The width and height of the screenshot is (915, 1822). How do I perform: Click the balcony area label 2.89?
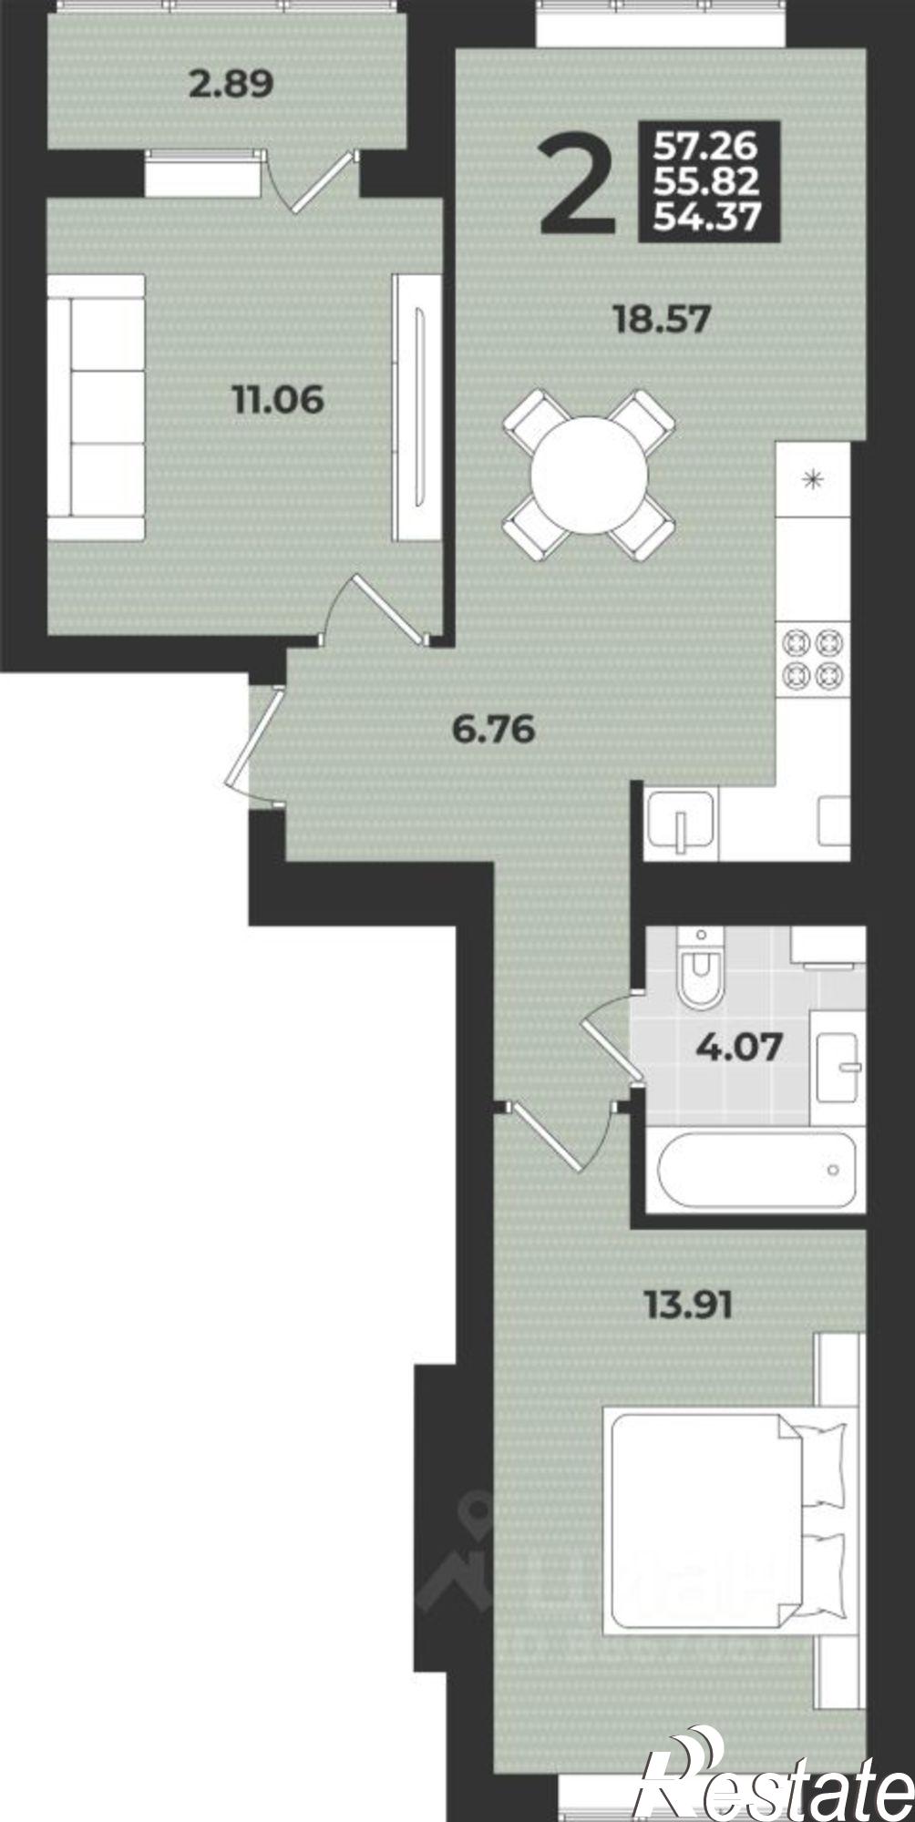[x=231, y=86]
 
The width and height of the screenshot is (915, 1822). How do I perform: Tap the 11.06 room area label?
[x=279, y=400]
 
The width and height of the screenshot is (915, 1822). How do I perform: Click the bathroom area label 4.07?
[x=739, y=1047]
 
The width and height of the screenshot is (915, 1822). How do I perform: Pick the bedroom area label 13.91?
[x=689, y=1306]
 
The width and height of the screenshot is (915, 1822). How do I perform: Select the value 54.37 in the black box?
[x=707, y=218]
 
